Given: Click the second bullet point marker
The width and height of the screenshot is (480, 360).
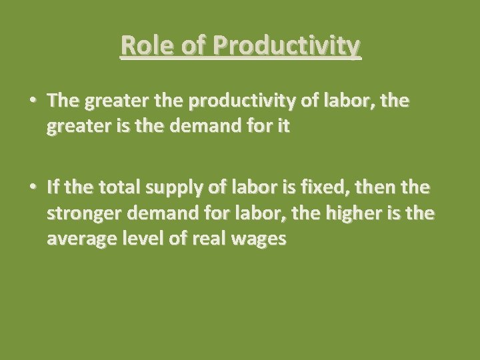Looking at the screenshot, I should [33, 188].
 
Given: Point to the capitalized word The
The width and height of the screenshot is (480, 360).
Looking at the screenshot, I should [63, 101].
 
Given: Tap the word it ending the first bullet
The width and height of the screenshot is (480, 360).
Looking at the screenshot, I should [283, 127].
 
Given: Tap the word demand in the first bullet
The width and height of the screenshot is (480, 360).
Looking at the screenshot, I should [200, 127].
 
